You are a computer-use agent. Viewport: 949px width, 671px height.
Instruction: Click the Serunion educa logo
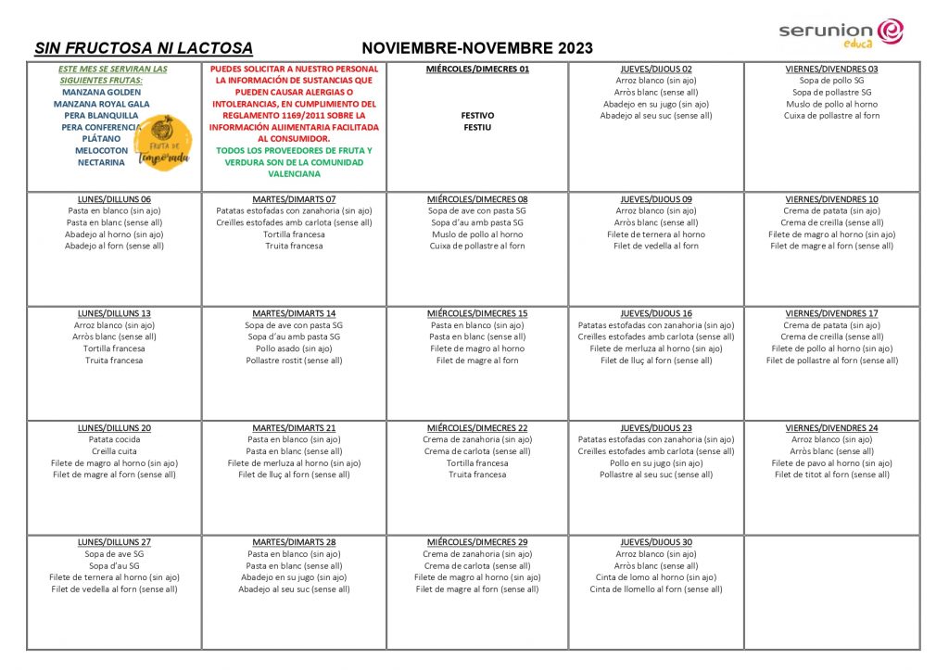pyautogui.click(x=841, y=32)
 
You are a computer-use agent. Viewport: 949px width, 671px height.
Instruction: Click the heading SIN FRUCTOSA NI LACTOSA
pyautogui.click(x=144, y=48)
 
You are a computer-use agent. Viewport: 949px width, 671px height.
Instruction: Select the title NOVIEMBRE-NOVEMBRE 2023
pyautogui.click(x=477, y=48)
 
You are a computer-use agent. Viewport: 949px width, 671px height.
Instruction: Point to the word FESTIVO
pyautogui.click(x=477, y=116)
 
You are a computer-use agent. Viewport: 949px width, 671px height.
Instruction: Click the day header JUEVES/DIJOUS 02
pyautogui.click(x=656, y=70)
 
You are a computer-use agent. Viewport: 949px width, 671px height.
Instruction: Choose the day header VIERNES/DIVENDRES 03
pyautogui.click(x=831, y=70)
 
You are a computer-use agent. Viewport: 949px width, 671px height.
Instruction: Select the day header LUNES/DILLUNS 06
pyautogui.click(x=114, y=199)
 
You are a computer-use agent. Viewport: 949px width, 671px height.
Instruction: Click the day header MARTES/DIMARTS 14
pyautogui.click(x=294, y=313)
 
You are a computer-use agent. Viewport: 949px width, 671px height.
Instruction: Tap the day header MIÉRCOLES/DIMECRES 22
pyautogui.click(x=477, y=428)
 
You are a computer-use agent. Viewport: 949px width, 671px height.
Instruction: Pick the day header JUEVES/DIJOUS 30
pyautogui.click(x=656, y=542)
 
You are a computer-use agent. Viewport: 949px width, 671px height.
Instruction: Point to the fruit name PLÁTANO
pyautogui.click(x=101, y=139)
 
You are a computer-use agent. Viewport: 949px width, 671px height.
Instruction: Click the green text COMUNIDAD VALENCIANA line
pyautogui.click(x=294, y=173)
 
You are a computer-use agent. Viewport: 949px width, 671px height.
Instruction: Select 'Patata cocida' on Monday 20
pyautogui.click(x=114, y=439)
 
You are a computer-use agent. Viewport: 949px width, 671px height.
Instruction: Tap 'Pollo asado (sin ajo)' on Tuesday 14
pyautogui.click(x=294, y=348)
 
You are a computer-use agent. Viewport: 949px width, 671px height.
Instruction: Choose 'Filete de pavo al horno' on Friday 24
pyautogui.click(x=831, y=462)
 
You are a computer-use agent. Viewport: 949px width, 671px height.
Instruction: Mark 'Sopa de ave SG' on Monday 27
pyautogui.click(x=114, y=554)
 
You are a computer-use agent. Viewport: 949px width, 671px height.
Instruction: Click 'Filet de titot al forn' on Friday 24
pyautogui.click(x=831, y=475)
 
